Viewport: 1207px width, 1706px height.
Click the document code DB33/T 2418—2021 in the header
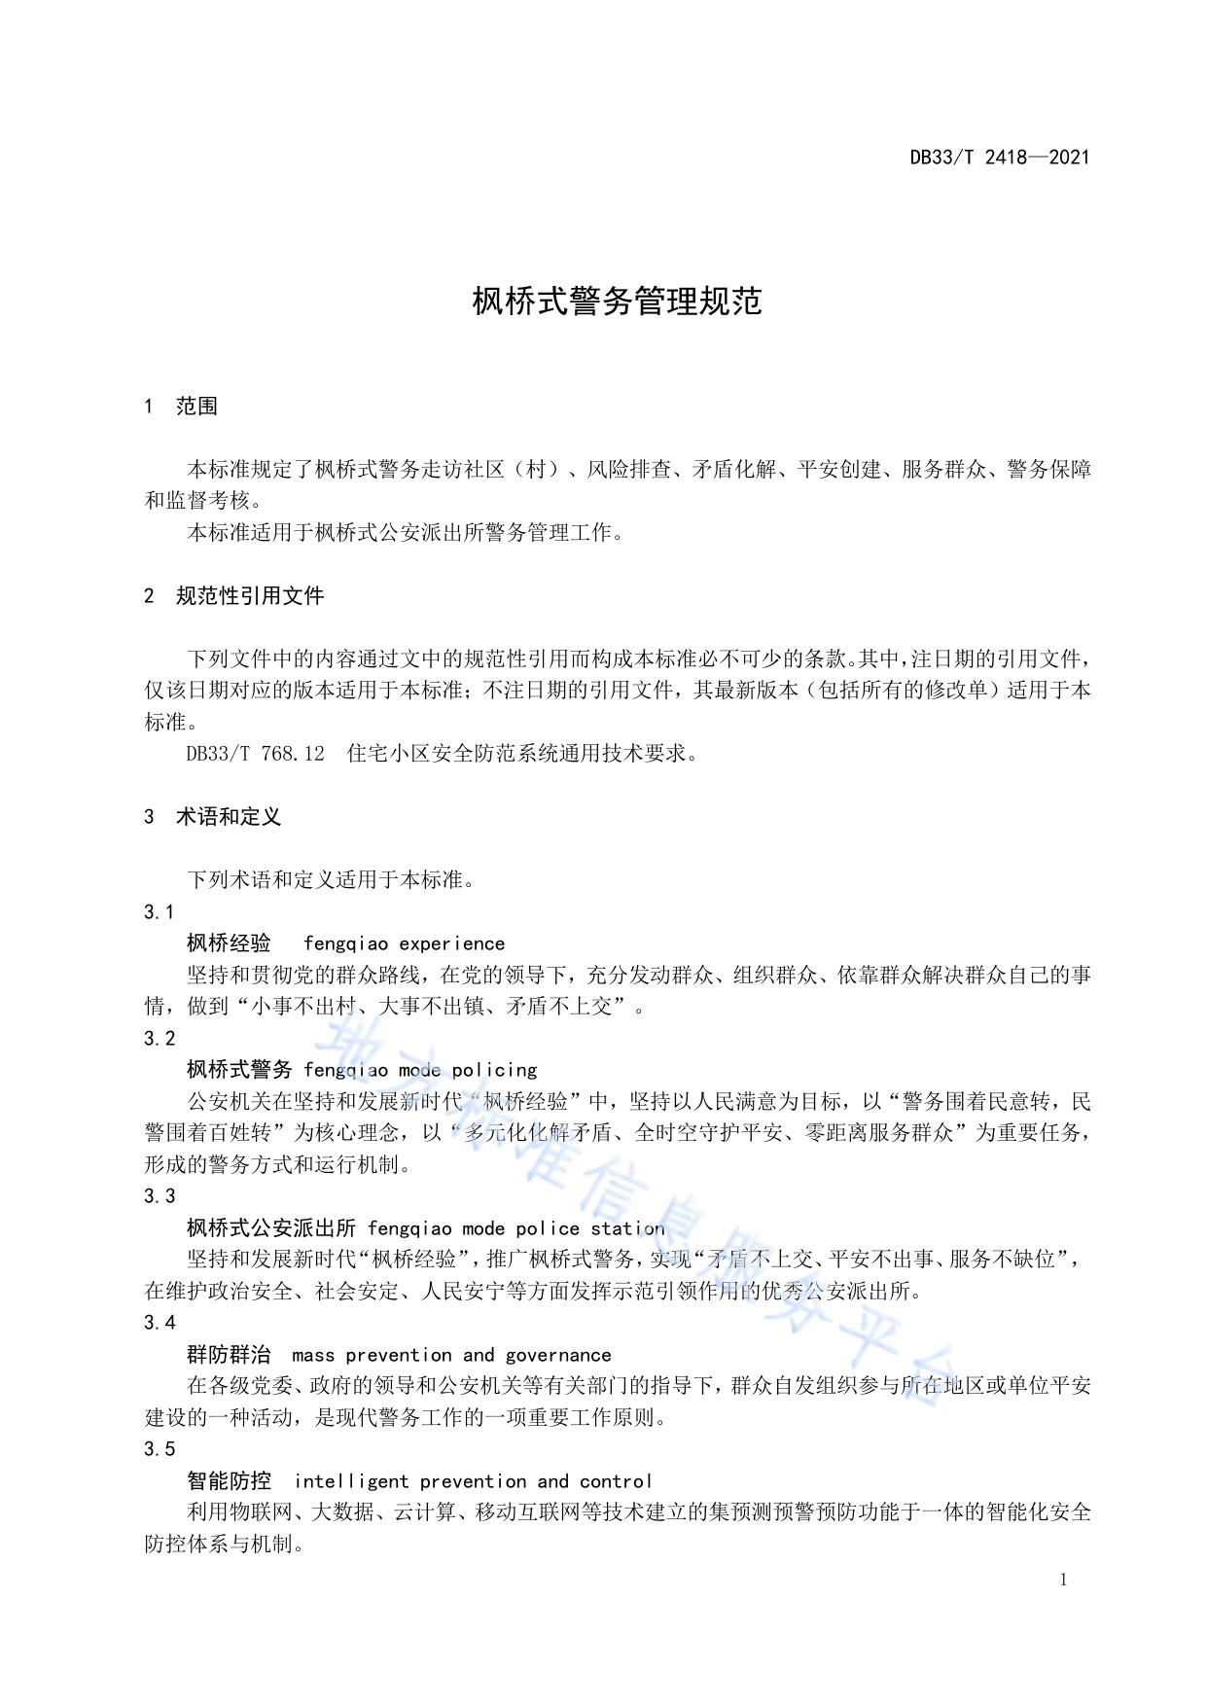pyautogui.click(x=999, y=158)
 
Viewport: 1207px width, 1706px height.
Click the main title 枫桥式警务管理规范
pyautogui.click(x=617, y=302)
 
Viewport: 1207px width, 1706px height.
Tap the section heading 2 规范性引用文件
pyautogui.click(x=233, y=596)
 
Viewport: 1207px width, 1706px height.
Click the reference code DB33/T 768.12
pyautogui.click(x=255, y=754)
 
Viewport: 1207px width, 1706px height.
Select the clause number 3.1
pyautogui.click(x=160, y=912)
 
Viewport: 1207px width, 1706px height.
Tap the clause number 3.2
pyautogui.click(x=160, y=1039)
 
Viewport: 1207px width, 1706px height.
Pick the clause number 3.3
pyautogui.click(x=160, y=1196)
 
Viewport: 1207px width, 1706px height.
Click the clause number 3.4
pyautogui.click(x=160, y=1323)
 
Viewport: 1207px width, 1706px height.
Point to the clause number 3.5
pyautogui.click(x=160, y=1449)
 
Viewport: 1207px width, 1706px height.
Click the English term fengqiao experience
pyautogui.click(x=404, y=943)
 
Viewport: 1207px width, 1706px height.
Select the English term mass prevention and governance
pyautogui.click(x=451, y=1355)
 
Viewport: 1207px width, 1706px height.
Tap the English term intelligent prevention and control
pyautogui.click(x=473, y=1481)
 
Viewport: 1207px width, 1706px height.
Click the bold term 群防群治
pyautogui.click(x=229, y=1355)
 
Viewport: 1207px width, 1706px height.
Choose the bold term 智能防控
pyautogui.click(x=229, y=1481)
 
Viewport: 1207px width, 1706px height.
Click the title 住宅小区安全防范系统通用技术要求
pyautogui.click(x=522, y=754)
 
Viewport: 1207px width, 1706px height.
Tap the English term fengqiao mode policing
pyautogui.click(x=420, y=1070)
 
